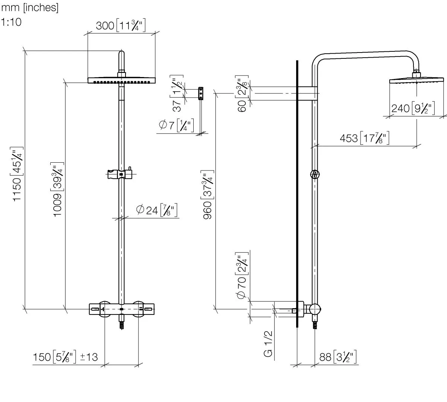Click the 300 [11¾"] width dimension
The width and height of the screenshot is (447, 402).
click(120, 26)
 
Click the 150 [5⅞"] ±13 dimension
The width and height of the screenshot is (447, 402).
click(66, 357)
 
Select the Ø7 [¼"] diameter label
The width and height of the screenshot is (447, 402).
click(176, 126)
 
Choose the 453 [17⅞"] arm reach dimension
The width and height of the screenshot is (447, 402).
click(365, 138)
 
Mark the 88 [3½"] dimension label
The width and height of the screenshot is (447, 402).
click(338, 357)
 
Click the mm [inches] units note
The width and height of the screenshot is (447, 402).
click(30, 8)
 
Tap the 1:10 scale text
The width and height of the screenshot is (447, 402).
click(12, 22)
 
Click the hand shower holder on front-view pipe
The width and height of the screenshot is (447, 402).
click(118, 174)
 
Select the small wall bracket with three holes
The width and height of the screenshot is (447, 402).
click(201, 93)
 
